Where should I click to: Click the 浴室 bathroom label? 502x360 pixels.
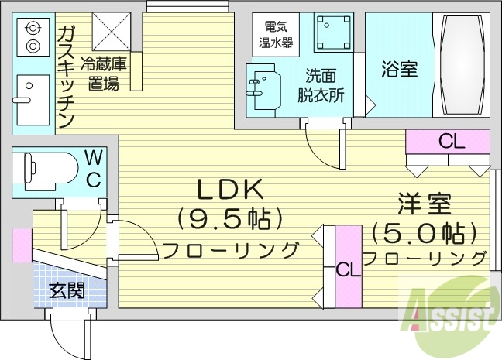click(x=399, y=68)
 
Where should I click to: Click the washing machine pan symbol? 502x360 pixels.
click(x=331, y=31)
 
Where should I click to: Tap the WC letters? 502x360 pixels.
click(x=92, y=169)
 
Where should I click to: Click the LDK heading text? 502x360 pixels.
click(x=229, y=189)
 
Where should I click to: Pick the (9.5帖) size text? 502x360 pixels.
click(x=228, y=220)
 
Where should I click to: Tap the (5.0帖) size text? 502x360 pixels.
click(x=423, y=231)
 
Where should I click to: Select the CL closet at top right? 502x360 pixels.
click(x=451, y=142)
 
